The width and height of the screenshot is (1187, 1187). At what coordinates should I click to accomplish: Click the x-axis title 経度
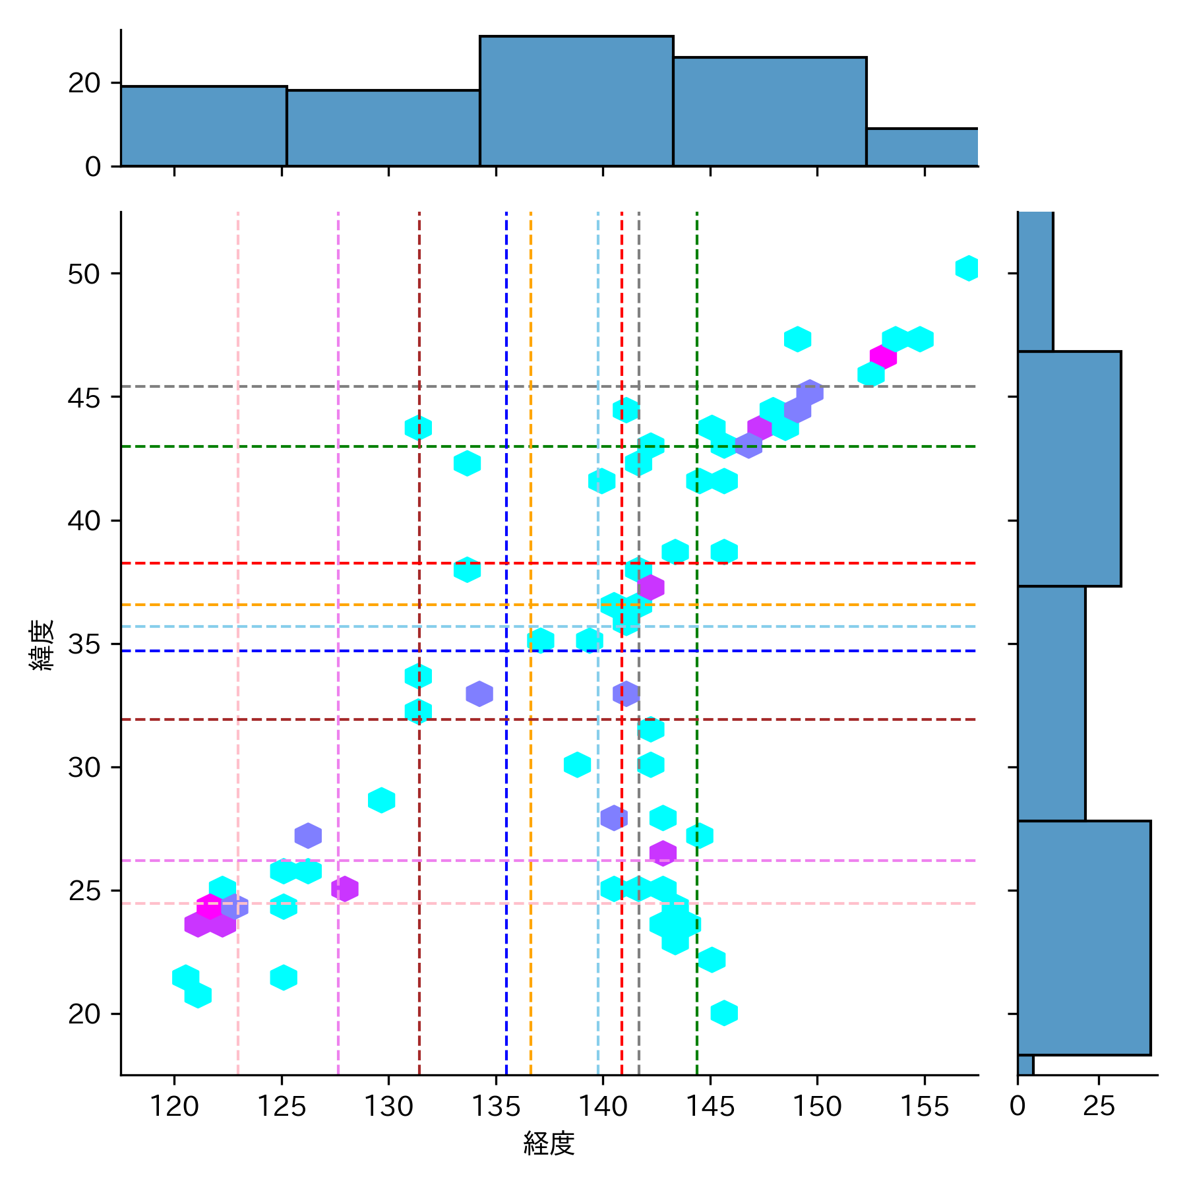pos(549,1143)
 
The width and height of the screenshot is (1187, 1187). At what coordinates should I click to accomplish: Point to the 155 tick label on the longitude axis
pos(924,1106)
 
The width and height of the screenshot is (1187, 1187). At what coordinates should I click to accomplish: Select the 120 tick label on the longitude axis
pos(174,1106)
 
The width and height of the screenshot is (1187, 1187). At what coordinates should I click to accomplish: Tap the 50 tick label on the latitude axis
pos(84,274)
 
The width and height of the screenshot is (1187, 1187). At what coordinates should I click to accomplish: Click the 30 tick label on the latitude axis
pos(84,768)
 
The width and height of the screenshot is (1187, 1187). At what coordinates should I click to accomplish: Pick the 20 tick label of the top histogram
pos(84,83)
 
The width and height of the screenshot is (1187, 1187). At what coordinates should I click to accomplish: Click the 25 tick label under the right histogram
pos(1099,1106)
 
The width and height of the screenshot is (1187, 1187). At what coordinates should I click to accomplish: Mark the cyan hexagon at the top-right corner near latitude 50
pos(967,268)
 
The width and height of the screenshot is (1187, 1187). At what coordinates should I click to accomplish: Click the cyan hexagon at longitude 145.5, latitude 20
pos(724,1013)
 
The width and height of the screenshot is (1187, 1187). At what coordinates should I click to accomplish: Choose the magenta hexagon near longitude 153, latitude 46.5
pos(883,357)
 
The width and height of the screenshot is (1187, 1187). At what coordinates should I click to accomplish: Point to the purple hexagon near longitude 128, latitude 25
pos(345,888)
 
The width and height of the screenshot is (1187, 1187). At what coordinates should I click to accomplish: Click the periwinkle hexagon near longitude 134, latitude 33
pos(479,693)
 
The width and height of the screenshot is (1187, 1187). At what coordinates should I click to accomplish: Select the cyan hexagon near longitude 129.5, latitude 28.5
pos(381,800)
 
